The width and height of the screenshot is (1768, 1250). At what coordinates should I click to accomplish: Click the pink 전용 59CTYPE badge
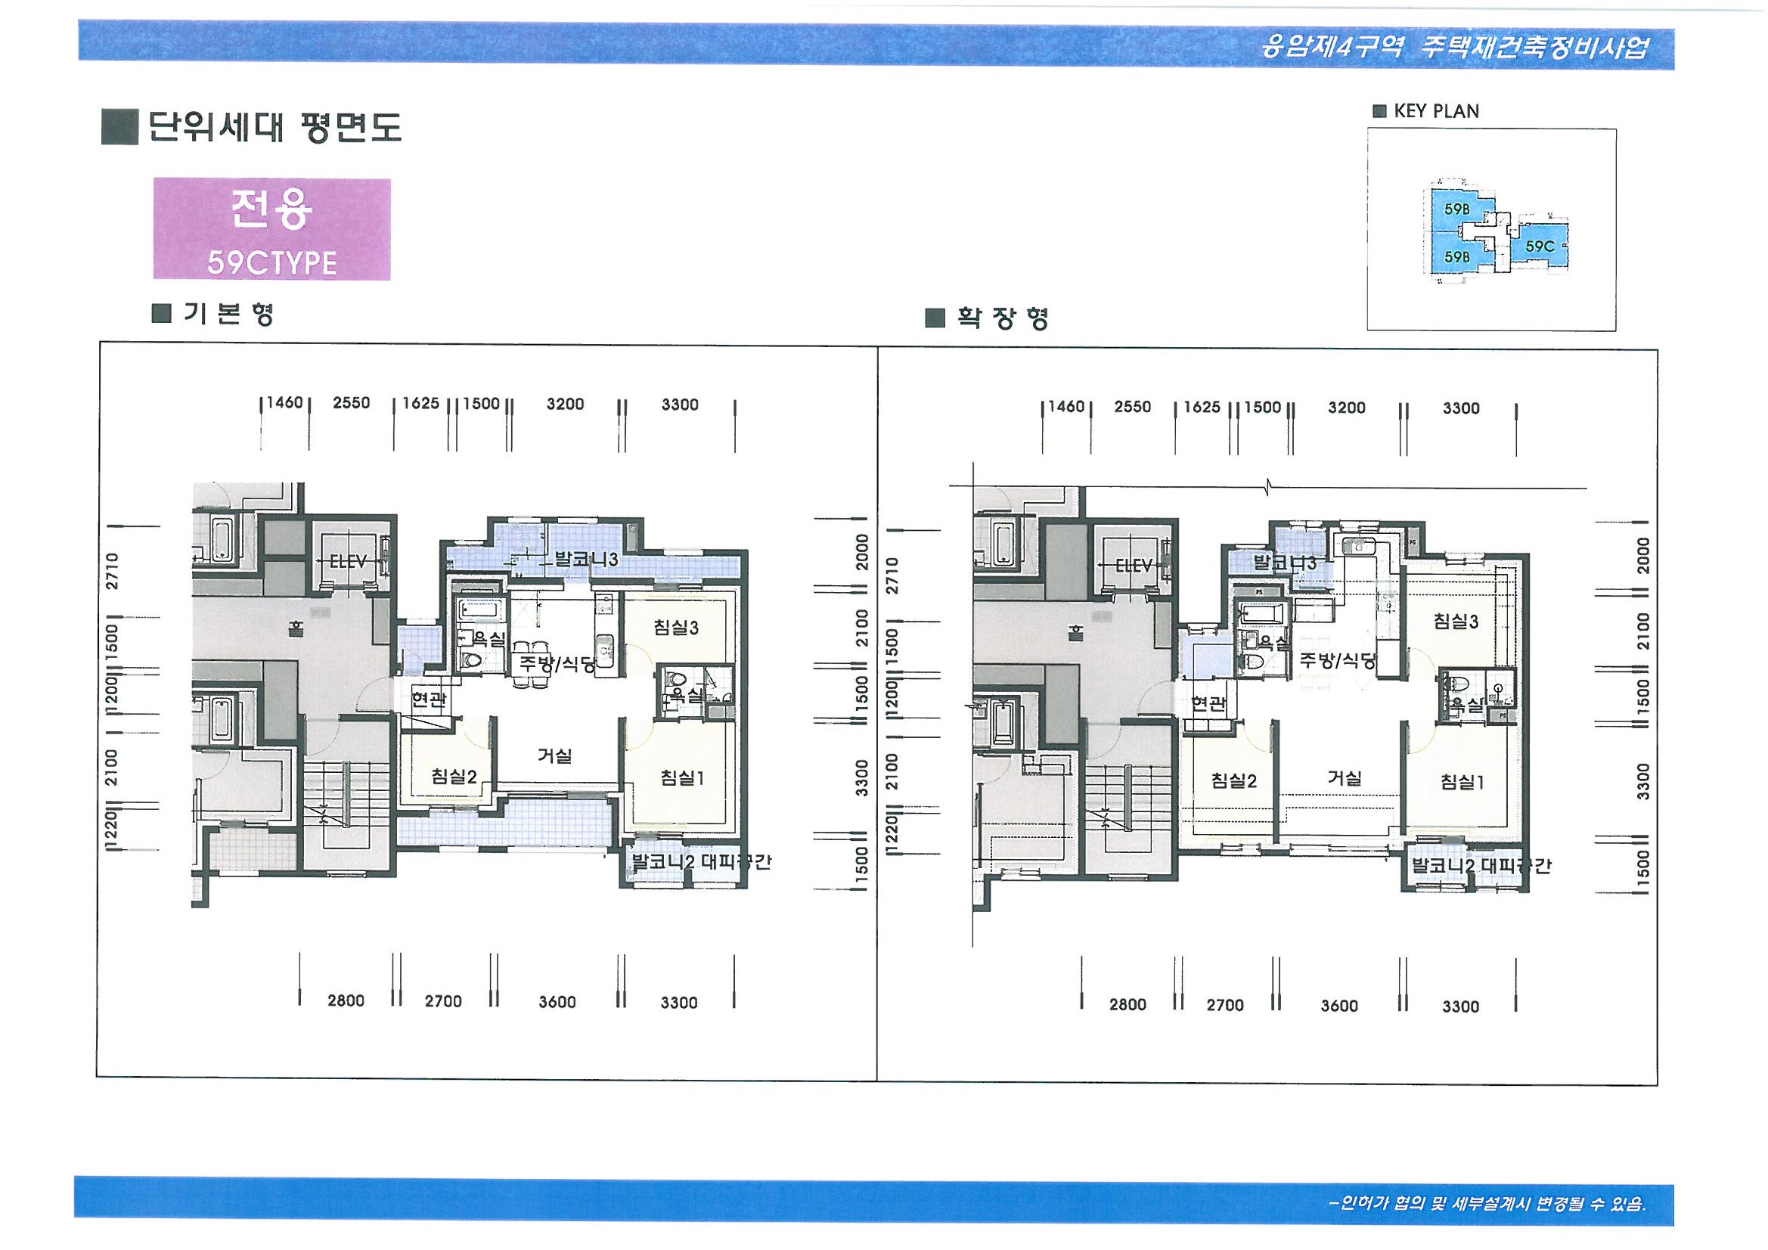click(271, 228)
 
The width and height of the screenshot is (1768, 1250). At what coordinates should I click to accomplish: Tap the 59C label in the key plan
click(1540, 247)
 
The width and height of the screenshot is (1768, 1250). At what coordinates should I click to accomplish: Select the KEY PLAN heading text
click(1435, 111)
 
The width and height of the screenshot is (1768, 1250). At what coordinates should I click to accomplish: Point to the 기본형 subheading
click(227, 314)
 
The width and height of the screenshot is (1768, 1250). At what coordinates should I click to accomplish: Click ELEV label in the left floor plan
click(348, 561)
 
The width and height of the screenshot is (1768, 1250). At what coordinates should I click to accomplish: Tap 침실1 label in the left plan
click(682, 778)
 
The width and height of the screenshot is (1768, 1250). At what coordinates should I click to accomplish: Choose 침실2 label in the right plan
click(1233, 781)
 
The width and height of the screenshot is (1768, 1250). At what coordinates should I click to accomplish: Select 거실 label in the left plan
click(554, 755)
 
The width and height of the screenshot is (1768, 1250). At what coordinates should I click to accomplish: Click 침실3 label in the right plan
click(1456, 622)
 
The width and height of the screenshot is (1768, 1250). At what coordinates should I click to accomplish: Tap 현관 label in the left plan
click(428, 699)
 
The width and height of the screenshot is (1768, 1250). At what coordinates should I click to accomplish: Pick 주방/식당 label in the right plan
click(1338, 659)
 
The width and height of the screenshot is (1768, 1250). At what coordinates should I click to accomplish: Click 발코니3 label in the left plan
click(586, 560)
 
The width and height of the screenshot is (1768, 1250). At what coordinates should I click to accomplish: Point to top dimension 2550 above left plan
click(351, 403)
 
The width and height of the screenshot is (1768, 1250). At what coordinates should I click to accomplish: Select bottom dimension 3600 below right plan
click(1339, 1006)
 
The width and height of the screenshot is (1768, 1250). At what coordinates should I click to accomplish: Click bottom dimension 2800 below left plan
click(346, 1000)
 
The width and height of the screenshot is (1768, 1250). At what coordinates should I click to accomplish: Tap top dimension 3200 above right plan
click(1346, 408)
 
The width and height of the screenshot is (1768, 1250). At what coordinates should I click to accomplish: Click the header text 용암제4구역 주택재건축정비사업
click(1454, 48)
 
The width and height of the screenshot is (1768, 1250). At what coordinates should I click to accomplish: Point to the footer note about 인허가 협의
click(1487, 1203)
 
